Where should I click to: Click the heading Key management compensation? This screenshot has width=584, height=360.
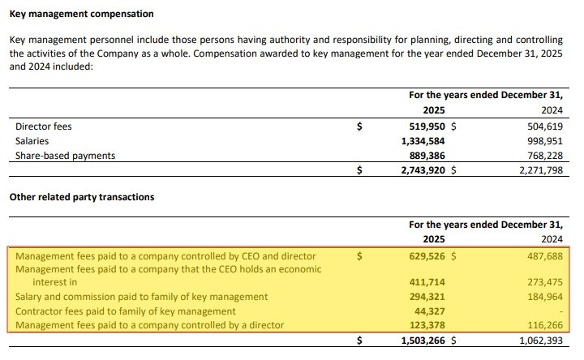coord(81,15)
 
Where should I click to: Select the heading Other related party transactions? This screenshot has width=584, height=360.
coord(81,197)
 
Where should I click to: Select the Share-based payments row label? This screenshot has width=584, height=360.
coord(66,156)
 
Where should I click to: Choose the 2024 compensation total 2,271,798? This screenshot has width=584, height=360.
coord(537,170)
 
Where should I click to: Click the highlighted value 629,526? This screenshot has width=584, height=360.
coord(427,256)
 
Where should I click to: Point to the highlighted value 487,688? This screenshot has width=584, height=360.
coord(543,256)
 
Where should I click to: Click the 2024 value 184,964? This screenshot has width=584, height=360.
coord(543,297)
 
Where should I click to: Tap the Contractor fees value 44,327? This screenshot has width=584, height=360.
coord(431,311)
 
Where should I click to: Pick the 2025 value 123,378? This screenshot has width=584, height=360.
coord(427,325)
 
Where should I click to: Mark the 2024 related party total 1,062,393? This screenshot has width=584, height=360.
coord(537,341)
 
